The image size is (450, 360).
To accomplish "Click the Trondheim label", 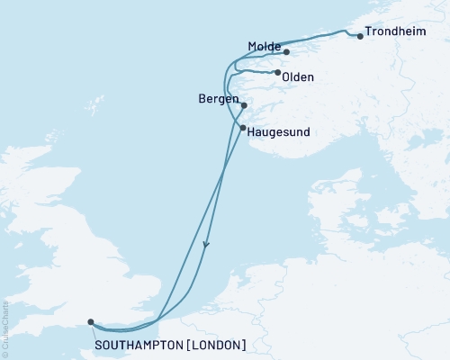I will point(397,37).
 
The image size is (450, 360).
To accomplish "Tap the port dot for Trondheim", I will point(361,36).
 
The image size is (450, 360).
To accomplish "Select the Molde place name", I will point(264,45).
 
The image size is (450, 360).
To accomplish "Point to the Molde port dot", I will point(286,52).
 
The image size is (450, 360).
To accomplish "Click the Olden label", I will point(298,77).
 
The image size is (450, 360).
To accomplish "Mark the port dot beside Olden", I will point(277,73).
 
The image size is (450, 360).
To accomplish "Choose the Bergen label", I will point(217,97).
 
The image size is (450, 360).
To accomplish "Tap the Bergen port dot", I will point(244,104).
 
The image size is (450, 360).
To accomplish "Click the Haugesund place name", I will point(278,131).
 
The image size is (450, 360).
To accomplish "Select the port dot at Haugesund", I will point(243,128).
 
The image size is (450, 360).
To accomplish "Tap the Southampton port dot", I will point(90,321).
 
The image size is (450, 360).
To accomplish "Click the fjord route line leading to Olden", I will point(256,72).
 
